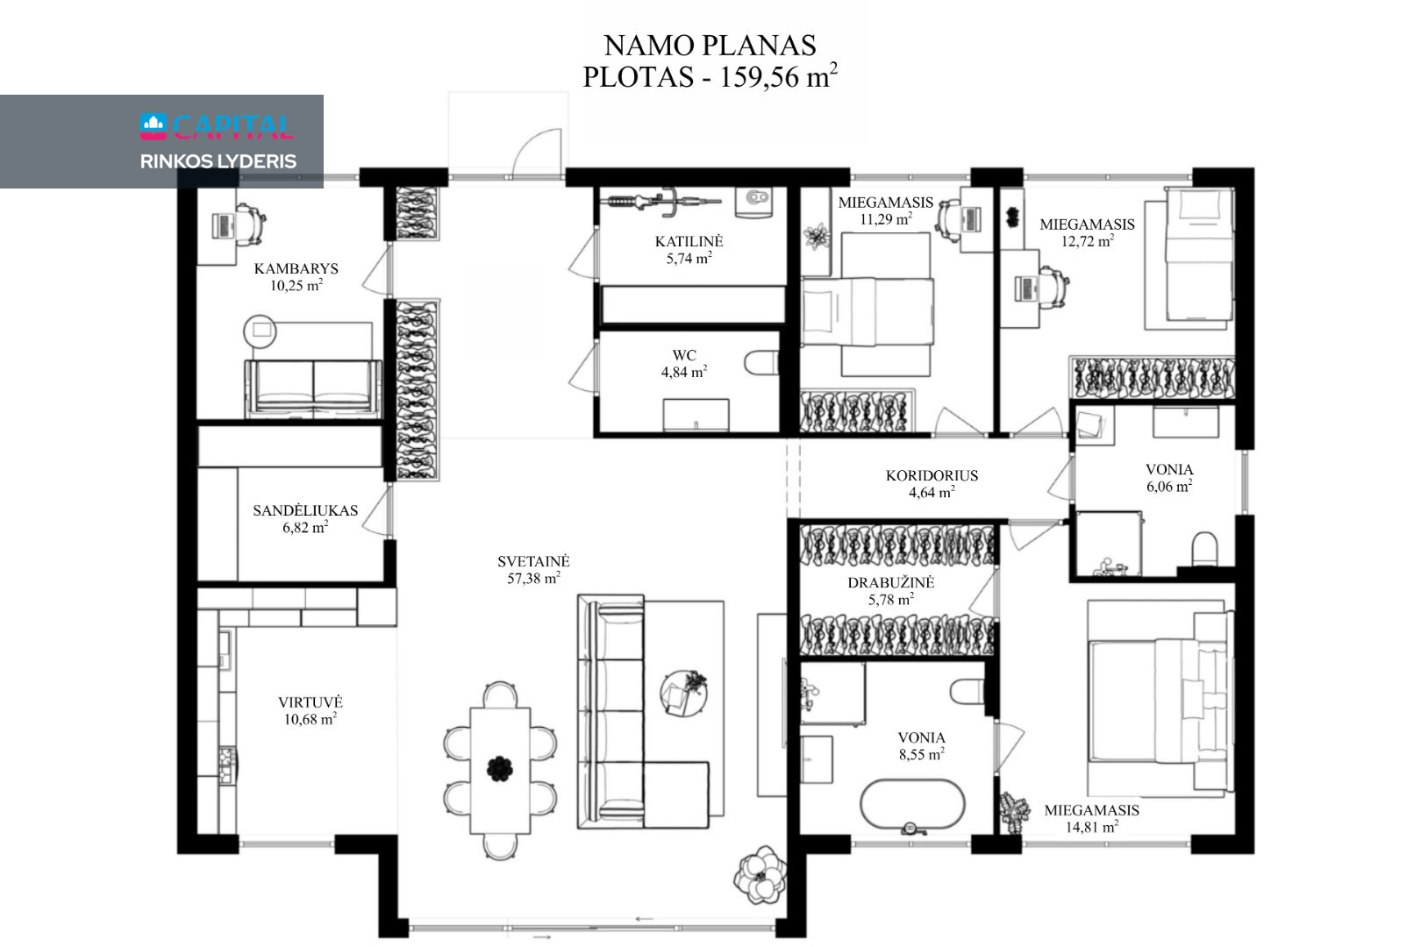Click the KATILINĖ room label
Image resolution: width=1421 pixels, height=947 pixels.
689,242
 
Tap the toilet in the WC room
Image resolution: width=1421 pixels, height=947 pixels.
761,363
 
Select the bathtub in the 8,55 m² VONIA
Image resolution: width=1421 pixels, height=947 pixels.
912,804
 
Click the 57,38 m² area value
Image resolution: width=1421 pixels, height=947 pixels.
533,578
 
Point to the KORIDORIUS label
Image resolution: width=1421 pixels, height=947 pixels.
932,476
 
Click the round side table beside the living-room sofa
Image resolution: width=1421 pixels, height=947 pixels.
683,694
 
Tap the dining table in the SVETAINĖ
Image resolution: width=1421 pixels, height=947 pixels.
500,770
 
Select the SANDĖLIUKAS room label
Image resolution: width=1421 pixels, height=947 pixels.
305,510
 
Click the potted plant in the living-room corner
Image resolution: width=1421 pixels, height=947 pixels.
760,875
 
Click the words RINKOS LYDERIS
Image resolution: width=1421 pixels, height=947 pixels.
218,161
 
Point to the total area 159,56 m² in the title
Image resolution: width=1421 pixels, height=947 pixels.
778,77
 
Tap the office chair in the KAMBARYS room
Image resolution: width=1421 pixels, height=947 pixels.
251,224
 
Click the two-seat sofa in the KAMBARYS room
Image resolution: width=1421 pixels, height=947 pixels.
313,388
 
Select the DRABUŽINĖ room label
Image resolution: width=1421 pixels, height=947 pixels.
890,583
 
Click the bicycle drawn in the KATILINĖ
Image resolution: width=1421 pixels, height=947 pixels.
664,201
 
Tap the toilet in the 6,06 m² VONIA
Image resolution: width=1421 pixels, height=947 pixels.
1204,549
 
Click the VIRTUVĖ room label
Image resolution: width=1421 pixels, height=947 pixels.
311,702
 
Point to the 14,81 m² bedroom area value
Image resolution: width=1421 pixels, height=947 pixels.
1092,827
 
